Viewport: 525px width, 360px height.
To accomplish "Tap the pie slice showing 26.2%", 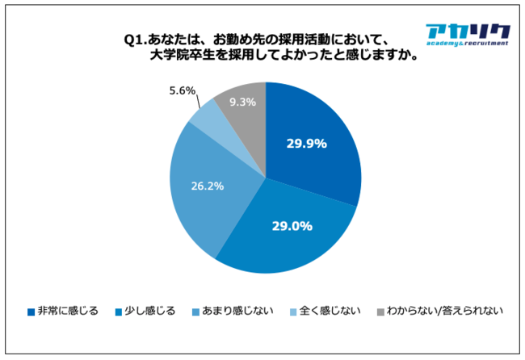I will click(x=202, y=190).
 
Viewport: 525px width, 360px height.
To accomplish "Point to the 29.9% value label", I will click(x=306, y=144).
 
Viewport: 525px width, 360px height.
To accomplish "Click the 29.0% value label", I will click(x=292, y=226).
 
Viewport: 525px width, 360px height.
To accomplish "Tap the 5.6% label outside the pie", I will click(x=182, y=91).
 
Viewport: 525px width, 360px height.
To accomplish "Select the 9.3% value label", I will click(x=242, y=102).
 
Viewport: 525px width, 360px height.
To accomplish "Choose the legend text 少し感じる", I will click(x=150, y=311).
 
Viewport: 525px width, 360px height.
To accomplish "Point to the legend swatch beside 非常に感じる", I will click(x=31, y=312).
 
